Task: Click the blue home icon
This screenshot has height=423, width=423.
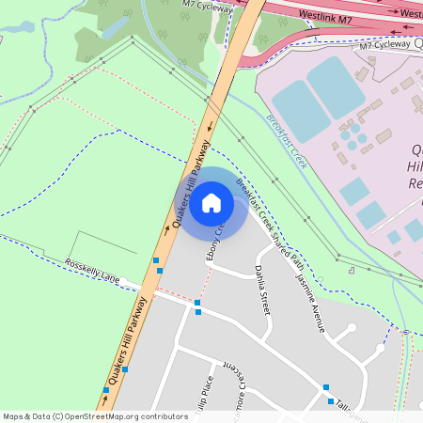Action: (x=211, y=202)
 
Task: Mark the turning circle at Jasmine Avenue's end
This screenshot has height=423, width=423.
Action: (x=352, y=328)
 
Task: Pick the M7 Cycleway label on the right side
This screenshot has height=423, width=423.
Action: (x=385, y=44)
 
